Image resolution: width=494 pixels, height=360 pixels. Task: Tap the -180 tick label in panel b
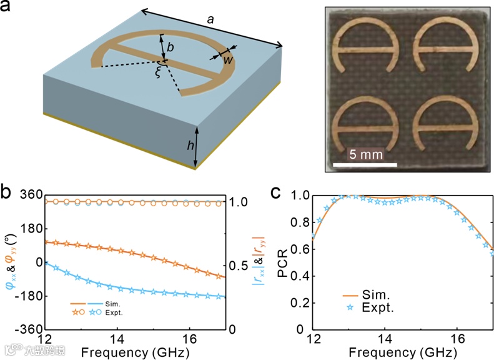[28, 296]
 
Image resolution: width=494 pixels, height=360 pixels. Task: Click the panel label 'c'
[275, 192]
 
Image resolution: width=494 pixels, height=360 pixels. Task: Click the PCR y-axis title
[285, 259]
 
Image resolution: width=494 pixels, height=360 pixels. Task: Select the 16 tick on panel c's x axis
[457, 340]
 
